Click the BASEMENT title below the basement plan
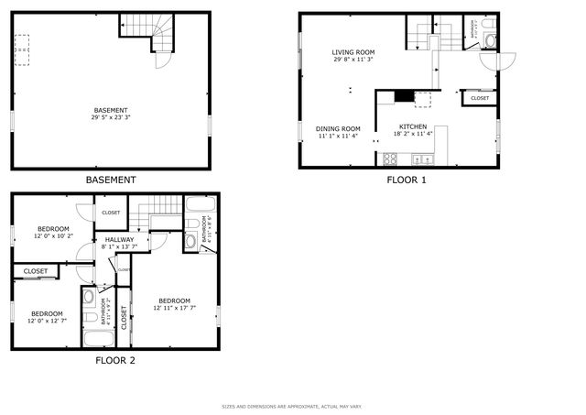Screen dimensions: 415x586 (111, 180)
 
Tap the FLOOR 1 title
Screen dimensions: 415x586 (406, 180)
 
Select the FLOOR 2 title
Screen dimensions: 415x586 (115, 360)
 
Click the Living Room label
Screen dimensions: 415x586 (353, 52)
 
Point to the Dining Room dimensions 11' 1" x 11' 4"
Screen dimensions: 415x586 (338, 136)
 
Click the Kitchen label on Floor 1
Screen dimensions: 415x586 (412, 126)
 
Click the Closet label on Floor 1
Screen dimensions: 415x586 (480, 98)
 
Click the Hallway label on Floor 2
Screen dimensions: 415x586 (120, 239)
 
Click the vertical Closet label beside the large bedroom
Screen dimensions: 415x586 (124, 317)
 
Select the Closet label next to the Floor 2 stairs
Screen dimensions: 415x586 (111, 213)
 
